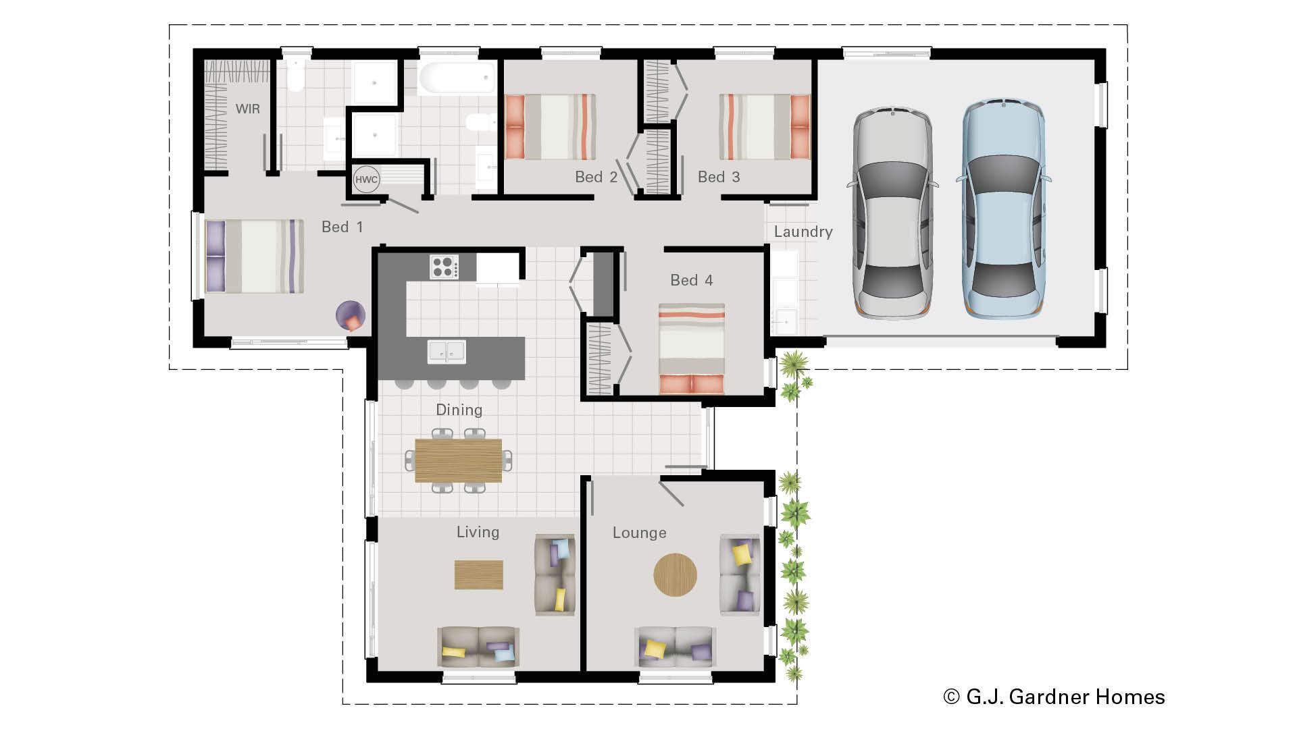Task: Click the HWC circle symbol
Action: pos(366,180)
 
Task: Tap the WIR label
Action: pos(247,109)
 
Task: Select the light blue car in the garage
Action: pos(1003,210)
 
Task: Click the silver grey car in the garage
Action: pos(893,212)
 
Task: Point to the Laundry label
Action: pos(803,232)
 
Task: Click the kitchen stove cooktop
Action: pos(444,267)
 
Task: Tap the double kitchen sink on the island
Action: pos(447,352)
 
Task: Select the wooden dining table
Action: pos(458,460)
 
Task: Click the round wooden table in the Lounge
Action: pos(675,574)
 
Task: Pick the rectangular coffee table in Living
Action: pos(478,574)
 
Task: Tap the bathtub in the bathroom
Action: pos(457,79)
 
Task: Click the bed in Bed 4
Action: pos(691,348)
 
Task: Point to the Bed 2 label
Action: pos(596,177)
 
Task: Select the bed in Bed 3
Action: pos(764,126)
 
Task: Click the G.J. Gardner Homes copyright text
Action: pos(1054,697)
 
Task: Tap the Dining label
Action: pos(459,410)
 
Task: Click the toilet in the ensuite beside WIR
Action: pos(295,76)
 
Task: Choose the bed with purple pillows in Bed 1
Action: pos(254,256)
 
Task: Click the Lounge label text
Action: pos(639,533)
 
